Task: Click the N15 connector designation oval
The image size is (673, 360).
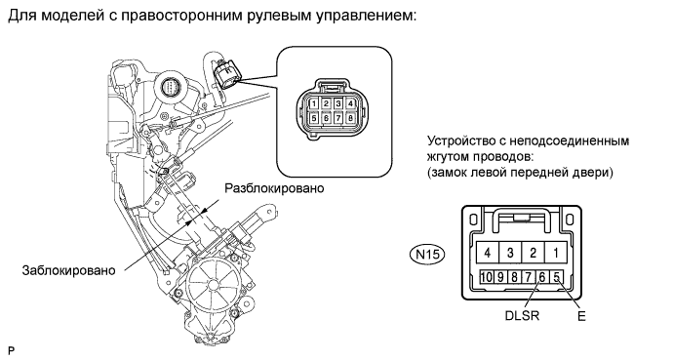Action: tap(427, 255)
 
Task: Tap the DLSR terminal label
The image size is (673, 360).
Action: tap(522, 315)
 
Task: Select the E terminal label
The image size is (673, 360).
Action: tap(581, 316)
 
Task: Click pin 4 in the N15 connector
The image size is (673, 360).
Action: tap(488, 253)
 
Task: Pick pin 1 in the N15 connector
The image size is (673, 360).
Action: tap(556, 253)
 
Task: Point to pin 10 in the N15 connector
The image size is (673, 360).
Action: tap(487, 277)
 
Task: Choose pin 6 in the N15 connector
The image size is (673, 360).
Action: tap(542, 277)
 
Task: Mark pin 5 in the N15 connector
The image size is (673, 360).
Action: tap(556, 277)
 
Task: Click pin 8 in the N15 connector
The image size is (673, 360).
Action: tap(514, 277)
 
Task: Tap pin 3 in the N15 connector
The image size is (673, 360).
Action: tap(510, 253)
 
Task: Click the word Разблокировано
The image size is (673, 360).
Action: tap(275, 188)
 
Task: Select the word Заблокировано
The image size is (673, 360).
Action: tap(68, 270)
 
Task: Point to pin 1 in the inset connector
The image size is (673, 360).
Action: tap(314, 103)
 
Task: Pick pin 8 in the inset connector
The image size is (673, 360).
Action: tap(351, 118)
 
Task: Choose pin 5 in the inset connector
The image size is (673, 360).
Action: tap(314, 118)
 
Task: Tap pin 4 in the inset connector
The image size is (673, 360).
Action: tap(351, 103)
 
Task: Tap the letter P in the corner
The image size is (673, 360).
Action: tap(11, 351)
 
